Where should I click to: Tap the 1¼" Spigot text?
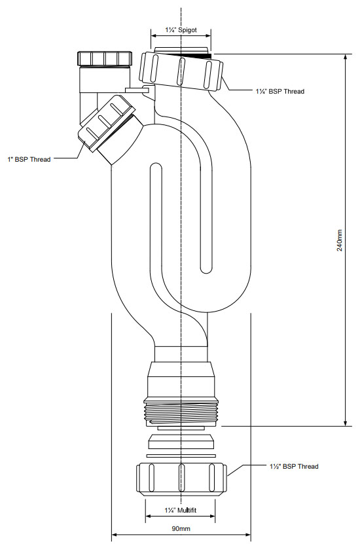(180, 31)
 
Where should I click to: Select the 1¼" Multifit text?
(180, 509)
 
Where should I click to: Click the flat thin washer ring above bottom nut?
(180, 455)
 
